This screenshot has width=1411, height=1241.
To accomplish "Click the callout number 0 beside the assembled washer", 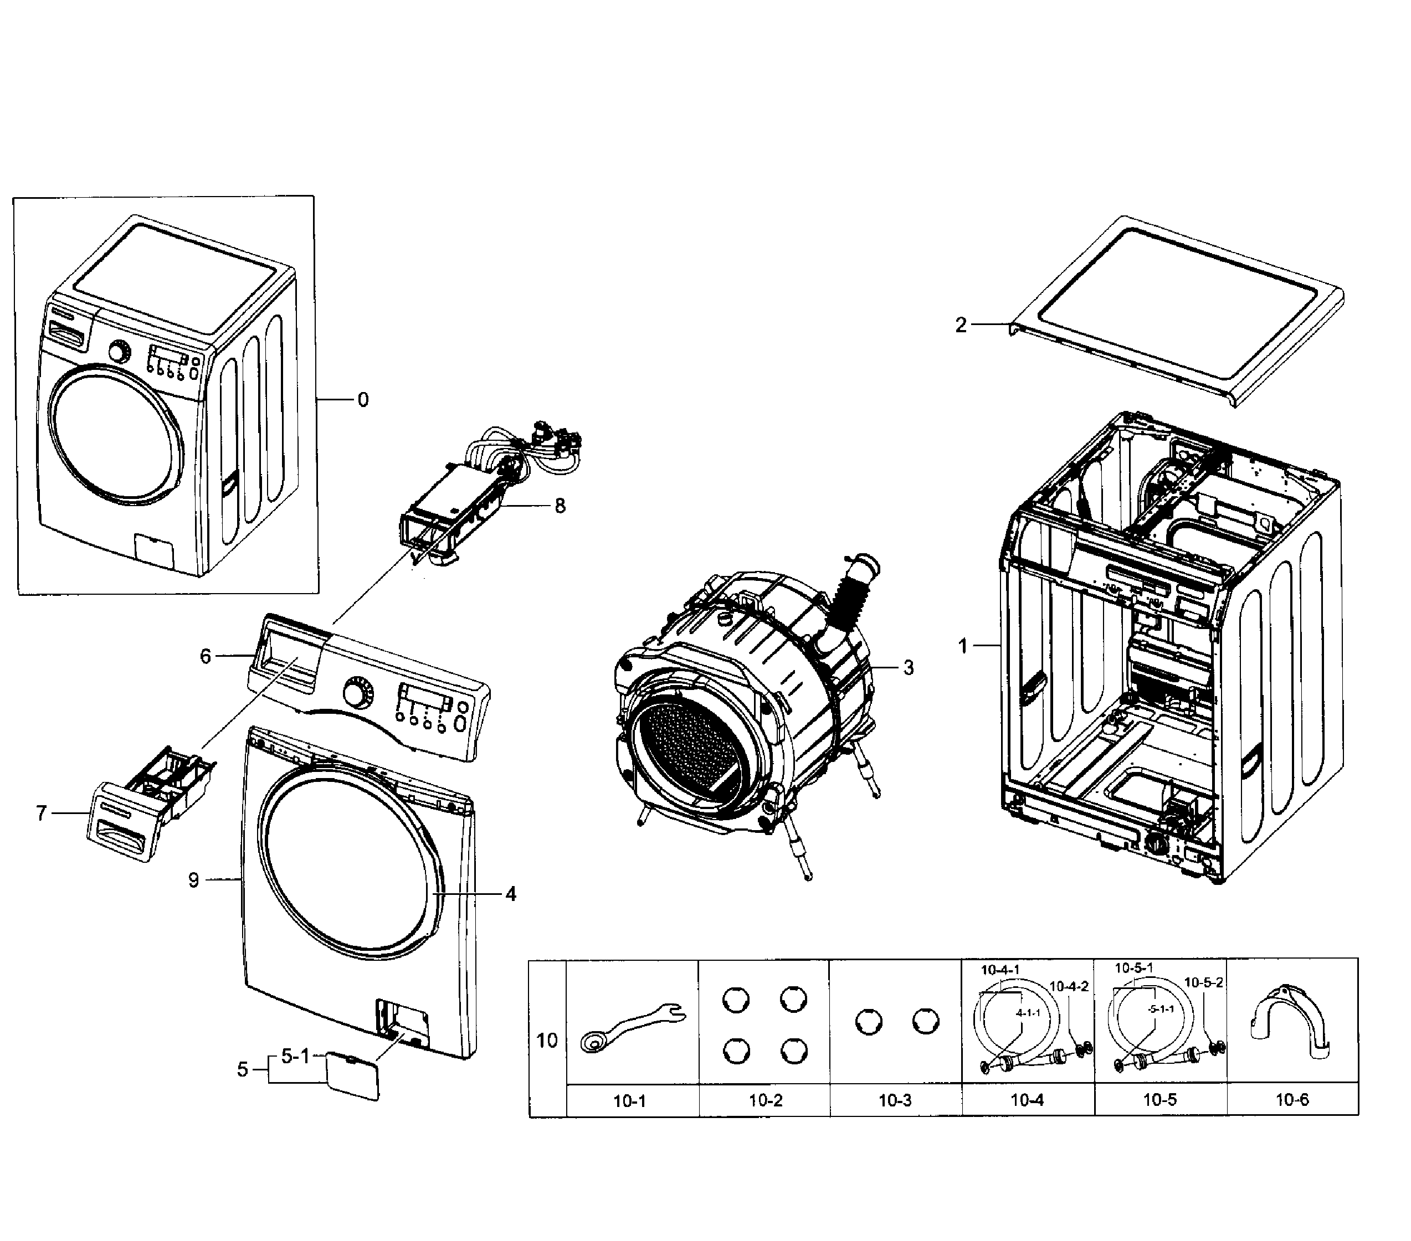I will tap(363, 400).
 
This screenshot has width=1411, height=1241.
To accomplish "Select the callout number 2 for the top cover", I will tap(961, 325).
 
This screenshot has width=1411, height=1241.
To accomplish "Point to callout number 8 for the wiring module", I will tap(560, 506).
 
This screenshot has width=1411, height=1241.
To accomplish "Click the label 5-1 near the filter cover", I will tap(295, 1056).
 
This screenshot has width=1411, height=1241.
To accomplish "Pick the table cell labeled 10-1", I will tap(629, 1101).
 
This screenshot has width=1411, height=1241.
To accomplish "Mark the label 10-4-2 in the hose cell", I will tap(1069, 986).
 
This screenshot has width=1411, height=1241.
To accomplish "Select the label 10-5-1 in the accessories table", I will tap(1134, 969).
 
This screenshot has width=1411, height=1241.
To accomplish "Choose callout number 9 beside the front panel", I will tap(193, 880).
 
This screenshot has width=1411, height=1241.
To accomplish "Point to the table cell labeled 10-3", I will tap(895, 1101).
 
